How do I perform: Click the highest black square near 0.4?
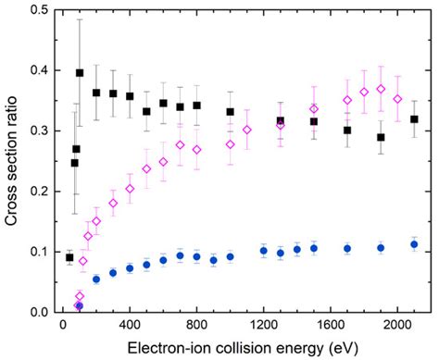pos(80,72)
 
